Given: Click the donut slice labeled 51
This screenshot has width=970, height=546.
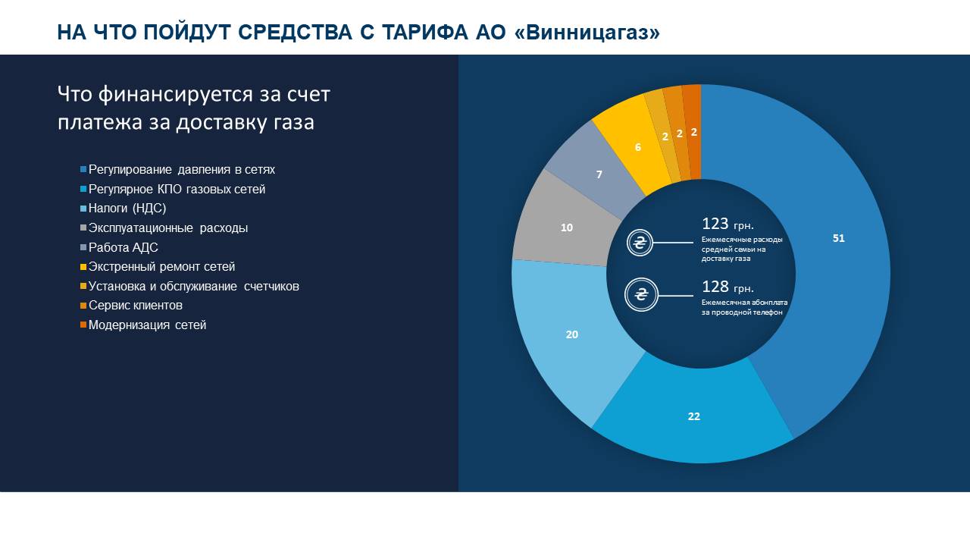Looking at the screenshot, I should [x=837, y=238].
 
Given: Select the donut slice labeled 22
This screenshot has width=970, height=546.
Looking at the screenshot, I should [x=693, y=416].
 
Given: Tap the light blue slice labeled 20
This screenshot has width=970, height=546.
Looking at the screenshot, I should [x=572, y=334].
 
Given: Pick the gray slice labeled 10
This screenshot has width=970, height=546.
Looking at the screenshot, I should [x=566, y=227].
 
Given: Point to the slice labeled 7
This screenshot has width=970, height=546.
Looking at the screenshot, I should [x=599, y=174].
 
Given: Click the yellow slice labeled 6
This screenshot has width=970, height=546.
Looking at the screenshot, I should [x=637, y=147].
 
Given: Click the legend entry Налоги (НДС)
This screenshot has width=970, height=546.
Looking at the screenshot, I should [x=127, y=209].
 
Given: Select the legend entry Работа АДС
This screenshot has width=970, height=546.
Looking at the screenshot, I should [x=123, y=247].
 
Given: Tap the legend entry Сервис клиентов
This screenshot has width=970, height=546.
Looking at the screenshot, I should [x=135, y=306].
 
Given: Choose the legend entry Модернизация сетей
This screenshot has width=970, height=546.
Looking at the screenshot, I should [x=147, y=325].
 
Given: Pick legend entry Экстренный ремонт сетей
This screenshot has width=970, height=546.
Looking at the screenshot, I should [x=161, y=267].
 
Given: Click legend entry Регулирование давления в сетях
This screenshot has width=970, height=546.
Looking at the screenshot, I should [x=181, y=169].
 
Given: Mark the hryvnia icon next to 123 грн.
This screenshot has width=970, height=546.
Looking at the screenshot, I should [x=640, y=243].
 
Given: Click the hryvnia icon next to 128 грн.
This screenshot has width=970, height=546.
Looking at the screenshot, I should [x=640, y=295].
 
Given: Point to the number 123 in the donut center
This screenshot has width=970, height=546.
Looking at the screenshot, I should [x=715, y=224].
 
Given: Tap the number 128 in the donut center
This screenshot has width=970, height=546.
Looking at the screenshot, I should [x=715, y=287].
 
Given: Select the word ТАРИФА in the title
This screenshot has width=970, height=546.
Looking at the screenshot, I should [x=420, y=33].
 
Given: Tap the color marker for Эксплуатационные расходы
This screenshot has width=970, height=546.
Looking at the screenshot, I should [x=83, y=228].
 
